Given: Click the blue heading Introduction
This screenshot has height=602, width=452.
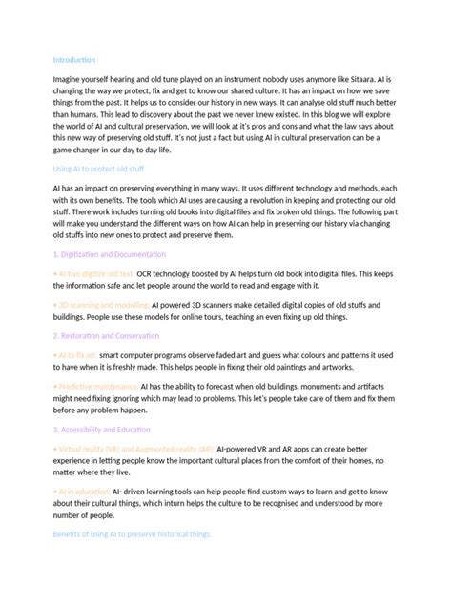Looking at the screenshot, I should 74,59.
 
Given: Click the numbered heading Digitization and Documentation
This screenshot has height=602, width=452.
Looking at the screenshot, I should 112,254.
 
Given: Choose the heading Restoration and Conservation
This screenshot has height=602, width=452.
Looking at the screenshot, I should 109,335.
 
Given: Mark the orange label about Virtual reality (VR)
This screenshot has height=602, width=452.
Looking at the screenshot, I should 133,448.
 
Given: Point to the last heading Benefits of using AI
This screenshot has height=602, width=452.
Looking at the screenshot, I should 132,534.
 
